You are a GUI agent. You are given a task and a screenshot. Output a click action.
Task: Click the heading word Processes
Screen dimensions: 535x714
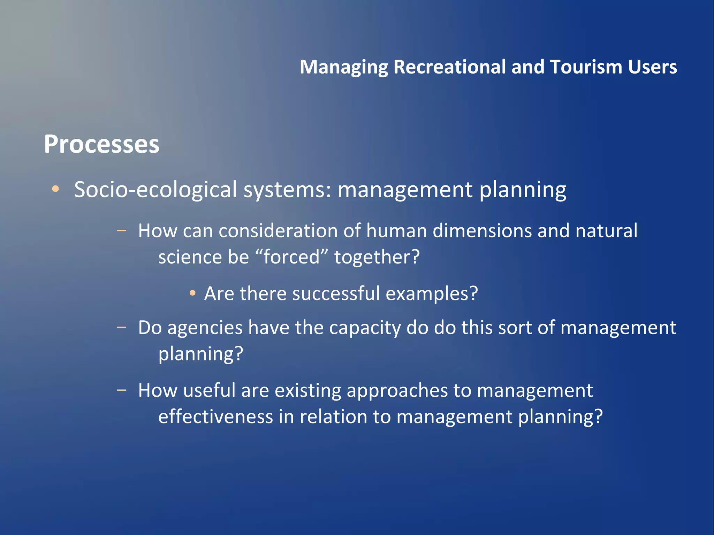click(101, 144)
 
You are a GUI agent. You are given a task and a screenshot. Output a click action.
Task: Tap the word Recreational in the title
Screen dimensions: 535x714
click(449, 67)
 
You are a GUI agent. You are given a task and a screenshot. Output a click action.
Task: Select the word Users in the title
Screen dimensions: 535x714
click(652, 67)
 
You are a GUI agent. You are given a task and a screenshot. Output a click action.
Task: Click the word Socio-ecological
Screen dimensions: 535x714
click(155, 190)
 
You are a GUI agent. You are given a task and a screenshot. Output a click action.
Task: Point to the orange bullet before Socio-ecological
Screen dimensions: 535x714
click(55, 189)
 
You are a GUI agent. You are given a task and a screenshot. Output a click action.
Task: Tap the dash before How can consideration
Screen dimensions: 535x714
click(122, 230)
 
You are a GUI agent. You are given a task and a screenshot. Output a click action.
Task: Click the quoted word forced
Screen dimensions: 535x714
click(291, 257)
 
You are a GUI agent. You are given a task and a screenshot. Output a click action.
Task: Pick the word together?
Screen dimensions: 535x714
click(377, 257)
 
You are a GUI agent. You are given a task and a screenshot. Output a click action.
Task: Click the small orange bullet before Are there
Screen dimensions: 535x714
click(192, 293)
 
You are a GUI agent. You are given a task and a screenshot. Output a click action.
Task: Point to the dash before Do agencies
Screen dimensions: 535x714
click(122, 327)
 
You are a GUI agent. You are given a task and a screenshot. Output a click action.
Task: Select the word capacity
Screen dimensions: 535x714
click(365, 328)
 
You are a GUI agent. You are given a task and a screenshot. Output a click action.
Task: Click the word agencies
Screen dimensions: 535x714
click(205, 328)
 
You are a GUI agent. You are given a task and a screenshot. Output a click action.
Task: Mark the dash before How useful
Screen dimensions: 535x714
click(122, 390)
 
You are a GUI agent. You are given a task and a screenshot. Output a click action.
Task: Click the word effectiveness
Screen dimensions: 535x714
click(215, 416)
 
